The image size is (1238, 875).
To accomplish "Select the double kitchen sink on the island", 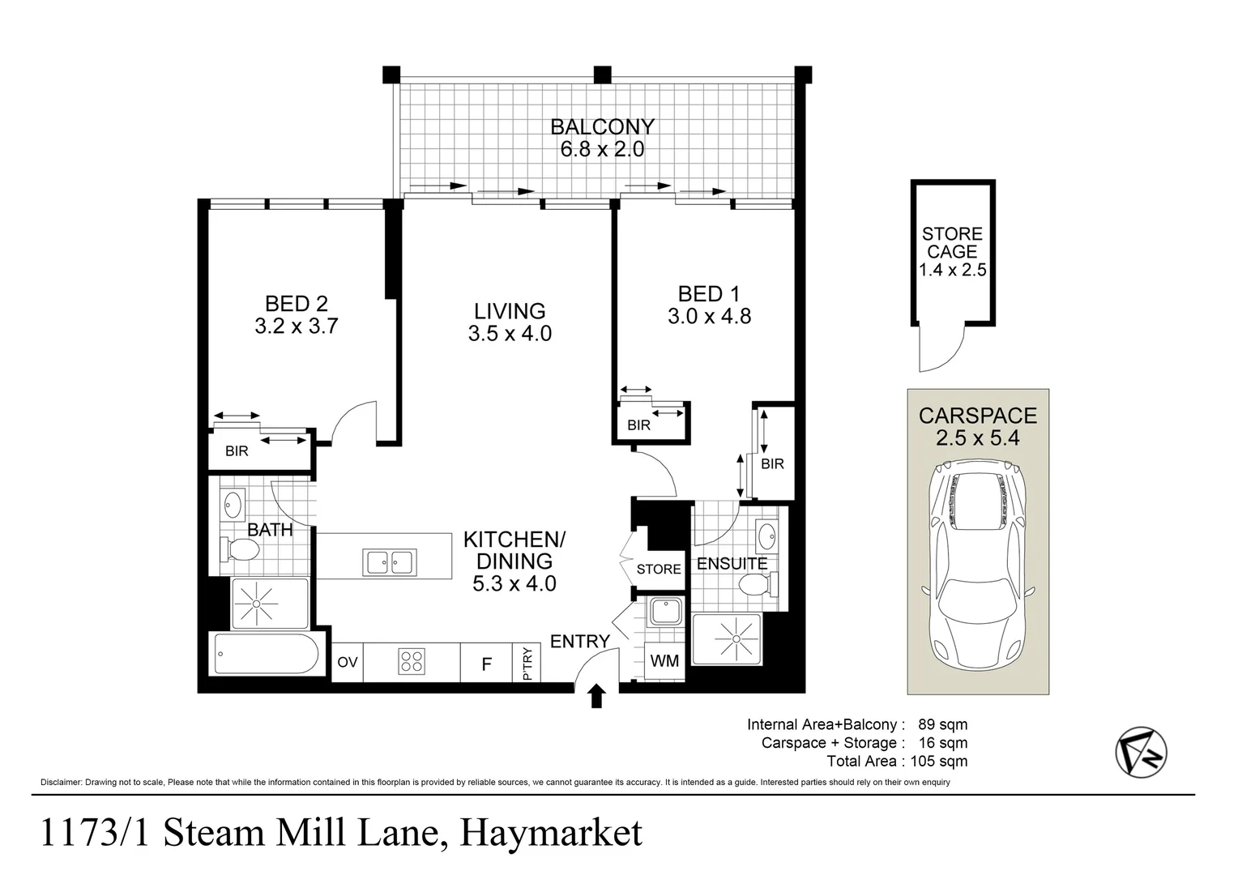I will (x=390, y=561).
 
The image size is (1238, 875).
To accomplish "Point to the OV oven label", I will (x=348, y=663).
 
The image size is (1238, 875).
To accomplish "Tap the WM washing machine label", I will (x=664, y=661).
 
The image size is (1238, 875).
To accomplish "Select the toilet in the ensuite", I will (x=758, y=583).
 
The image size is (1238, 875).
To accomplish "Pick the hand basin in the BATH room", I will (x=233, y=506).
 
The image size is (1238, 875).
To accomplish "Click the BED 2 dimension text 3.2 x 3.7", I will (x=296, y=327).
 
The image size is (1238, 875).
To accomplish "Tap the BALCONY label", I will (x=602, y=127).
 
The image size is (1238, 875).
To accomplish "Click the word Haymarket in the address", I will (x=551, y=834).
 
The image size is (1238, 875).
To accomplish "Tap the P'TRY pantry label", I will (x=527, y=664).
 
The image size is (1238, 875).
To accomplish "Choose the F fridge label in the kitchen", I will (x=486, y=664).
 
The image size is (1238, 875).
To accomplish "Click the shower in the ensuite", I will (x=727, y=639).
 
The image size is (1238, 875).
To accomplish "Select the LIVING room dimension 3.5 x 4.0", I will (x=510, y=333).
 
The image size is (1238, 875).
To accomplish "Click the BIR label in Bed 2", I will (x=237, y=451).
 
